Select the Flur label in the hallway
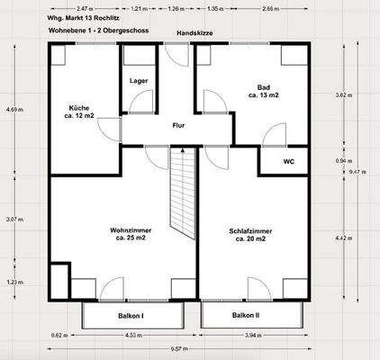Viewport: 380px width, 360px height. click(x=179, y=125)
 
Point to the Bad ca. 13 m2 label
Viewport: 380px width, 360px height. click(x=264, y=91)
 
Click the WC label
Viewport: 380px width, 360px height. click(x=288, y=162)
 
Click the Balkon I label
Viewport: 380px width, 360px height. click(x=131, y=316)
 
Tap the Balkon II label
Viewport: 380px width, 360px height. click(x=246, y=316)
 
